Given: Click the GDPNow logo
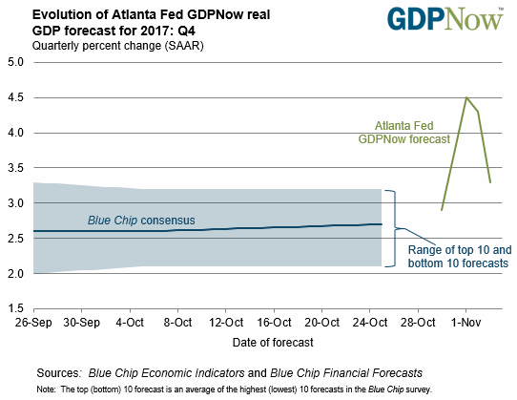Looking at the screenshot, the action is [445, 19].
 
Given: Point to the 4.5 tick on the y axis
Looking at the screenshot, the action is [16, 97].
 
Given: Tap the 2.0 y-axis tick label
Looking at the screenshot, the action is [16, 274].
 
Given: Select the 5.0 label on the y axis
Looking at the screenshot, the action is [16, 62].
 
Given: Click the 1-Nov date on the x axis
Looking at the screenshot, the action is [465, 322].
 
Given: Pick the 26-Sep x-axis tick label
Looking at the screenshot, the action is [33, 322].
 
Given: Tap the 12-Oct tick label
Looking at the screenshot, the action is [226, 322].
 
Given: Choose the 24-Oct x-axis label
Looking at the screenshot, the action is [370, 322].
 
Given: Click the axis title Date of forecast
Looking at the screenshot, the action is [273, 343].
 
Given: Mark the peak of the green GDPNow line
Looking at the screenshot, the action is [466, 97].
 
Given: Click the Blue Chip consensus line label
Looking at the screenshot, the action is [141, 221].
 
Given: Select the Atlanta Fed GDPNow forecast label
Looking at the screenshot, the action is [403, 133].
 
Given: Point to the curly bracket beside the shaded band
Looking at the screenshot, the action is [395, 228].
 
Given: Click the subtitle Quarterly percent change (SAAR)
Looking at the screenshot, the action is [117, 46].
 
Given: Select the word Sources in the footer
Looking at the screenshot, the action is [58, 373].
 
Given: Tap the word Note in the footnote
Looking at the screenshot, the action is [46, 389].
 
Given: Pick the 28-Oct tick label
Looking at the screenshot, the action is [418, 322].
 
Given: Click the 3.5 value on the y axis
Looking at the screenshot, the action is [16, 168].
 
